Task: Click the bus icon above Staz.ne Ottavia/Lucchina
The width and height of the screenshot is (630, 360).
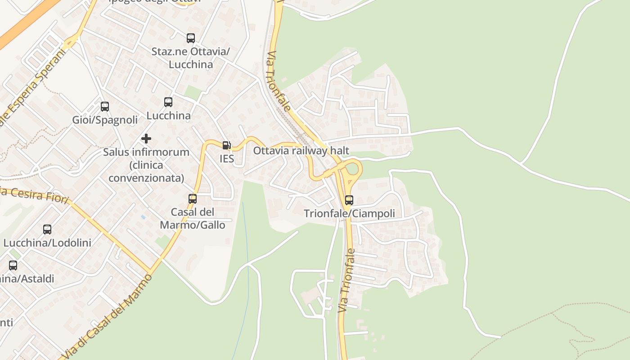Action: [x=191, y=38]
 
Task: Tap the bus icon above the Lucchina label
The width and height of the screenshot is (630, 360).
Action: [x=168, y=102]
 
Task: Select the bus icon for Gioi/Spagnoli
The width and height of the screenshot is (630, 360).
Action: [x=105, y=107]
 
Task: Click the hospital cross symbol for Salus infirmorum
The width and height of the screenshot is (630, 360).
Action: [x=146, y=139]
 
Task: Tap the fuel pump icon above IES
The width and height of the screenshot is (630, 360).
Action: [x=227, y=145]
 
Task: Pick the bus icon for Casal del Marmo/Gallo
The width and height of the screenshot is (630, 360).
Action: [x=193, y=198]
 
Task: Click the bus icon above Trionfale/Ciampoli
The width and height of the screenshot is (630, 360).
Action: [x=349, y=200]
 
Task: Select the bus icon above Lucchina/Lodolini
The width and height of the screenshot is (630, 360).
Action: [x=47, y=229]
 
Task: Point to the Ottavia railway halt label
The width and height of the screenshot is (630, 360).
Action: [x=301, y=151]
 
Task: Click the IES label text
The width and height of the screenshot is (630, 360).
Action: [x=227, y=159]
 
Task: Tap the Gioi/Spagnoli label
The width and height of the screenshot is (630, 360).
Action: [x=105, y=120]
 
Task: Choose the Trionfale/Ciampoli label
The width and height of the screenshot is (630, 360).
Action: [x=349, y=213]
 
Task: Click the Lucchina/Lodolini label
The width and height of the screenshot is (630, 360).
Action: [x=47, y=243]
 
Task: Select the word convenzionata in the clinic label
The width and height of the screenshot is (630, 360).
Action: [x=146, y=178]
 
